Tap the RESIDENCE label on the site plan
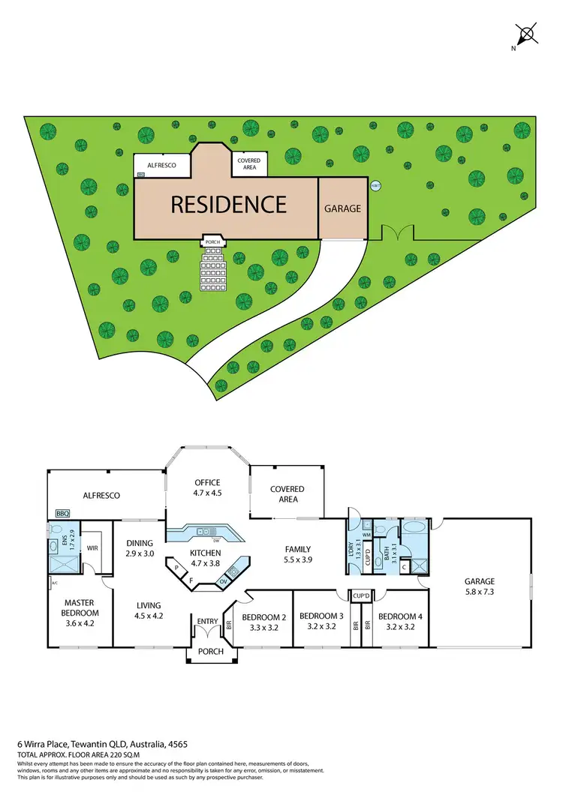click(x=229, y=204)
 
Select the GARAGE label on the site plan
click(x=342, y=208)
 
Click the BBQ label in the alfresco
click(x=62, y=514)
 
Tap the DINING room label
click(x=140, y=544)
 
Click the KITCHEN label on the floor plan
click(x=205, y=553)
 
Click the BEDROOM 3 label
click(x=321, y=617)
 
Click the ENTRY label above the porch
click(x=207, y=622)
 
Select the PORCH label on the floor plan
click(x=211, y=652)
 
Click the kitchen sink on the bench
click(x=203, y=532)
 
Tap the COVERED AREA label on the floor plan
click(x=288, y=494)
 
